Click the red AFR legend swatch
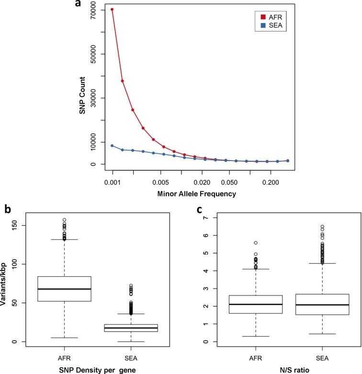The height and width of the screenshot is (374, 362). point(256,17)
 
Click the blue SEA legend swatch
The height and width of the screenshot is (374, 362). point(256,27)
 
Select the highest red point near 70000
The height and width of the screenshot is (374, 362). point(112,9)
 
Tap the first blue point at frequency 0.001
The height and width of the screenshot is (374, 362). point(112,145)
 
